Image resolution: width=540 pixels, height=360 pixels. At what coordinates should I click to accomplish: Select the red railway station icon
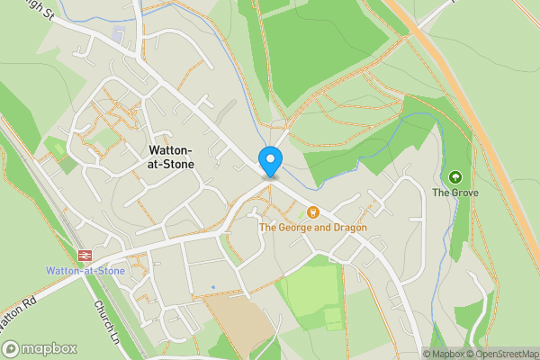(x=86, y=256)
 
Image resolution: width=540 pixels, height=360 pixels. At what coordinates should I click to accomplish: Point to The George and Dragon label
(x=313, y=228)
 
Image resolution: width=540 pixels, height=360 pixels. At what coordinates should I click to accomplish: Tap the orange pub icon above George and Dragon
(x=313, y=212)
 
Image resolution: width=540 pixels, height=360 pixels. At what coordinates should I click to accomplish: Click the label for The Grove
(x=454, y=193)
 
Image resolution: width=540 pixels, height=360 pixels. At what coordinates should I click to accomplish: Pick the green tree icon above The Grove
(x=454, y=177)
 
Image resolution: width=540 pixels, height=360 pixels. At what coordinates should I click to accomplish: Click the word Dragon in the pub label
(x=349, y=228)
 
